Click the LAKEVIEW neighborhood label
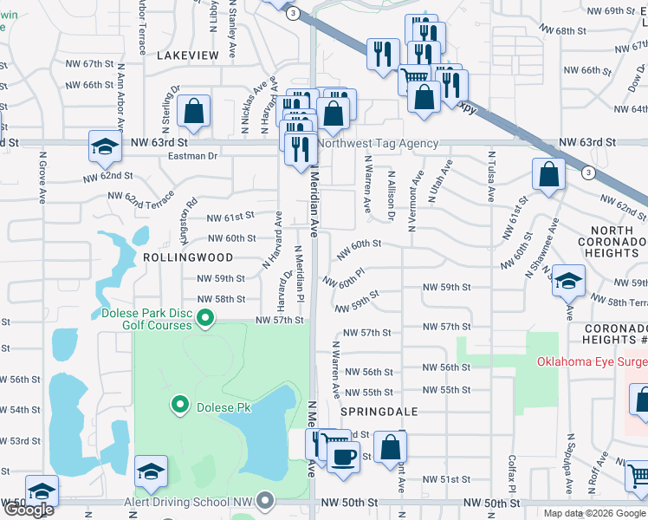188,55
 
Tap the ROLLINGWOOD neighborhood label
188,257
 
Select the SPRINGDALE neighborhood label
379,411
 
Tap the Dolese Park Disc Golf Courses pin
205,319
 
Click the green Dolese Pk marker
180,404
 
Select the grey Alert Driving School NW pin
266,502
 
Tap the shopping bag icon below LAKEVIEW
194,112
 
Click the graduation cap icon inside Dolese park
152,472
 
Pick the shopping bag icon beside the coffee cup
391,448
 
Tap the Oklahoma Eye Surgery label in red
592,362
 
